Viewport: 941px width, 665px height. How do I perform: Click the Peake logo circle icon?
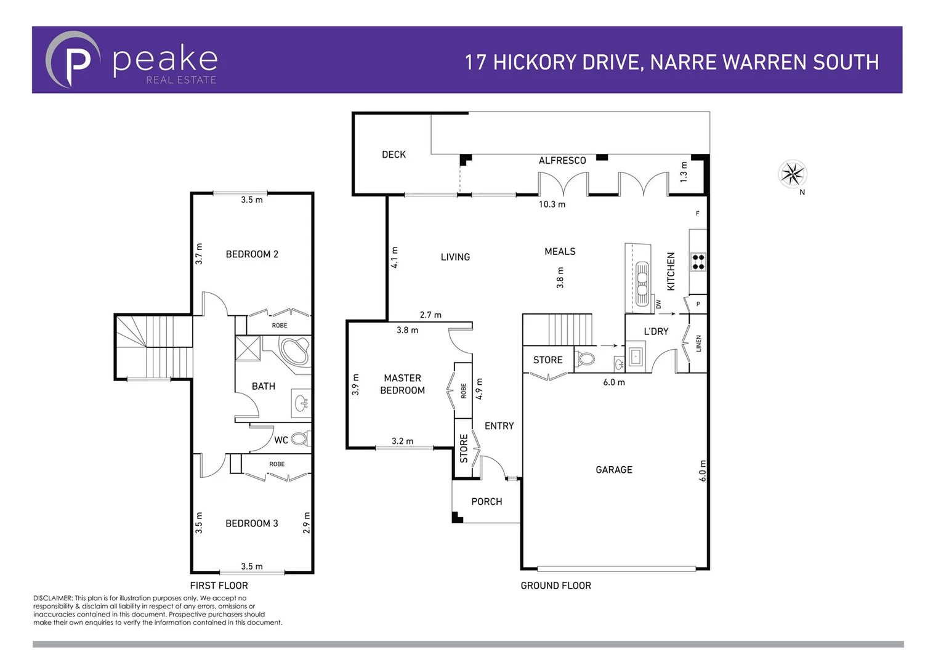73,60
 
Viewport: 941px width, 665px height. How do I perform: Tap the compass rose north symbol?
793,174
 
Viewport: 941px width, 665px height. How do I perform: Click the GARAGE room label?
613,470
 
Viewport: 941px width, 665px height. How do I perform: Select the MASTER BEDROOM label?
402,384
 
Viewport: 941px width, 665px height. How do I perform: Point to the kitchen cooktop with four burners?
698,262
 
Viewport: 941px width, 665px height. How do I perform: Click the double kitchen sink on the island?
642,284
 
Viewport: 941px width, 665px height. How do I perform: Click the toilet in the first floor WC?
300,439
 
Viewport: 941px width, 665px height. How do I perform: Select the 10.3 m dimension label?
552,204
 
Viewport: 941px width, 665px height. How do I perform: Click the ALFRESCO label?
562,161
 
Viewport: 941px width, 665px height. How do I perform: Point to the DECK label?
394,155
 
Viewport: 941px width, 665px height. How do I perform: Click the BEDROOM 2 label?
252,254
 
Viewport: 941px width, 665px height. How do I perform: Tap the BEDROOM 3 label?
251,523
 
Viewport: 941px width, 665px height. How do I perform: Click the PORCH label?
487,502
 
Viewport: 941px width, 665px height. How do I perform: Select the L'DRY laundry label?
656,331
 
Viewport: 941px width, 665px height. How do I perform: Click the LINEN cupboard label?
698,344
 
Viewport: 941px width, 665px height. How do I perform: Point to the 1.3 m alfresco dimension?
684,172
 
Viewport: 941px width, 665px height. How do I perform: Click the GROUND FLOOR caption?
555,586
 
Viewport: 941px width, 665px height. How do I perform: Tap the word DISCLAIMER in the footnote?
52,598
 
